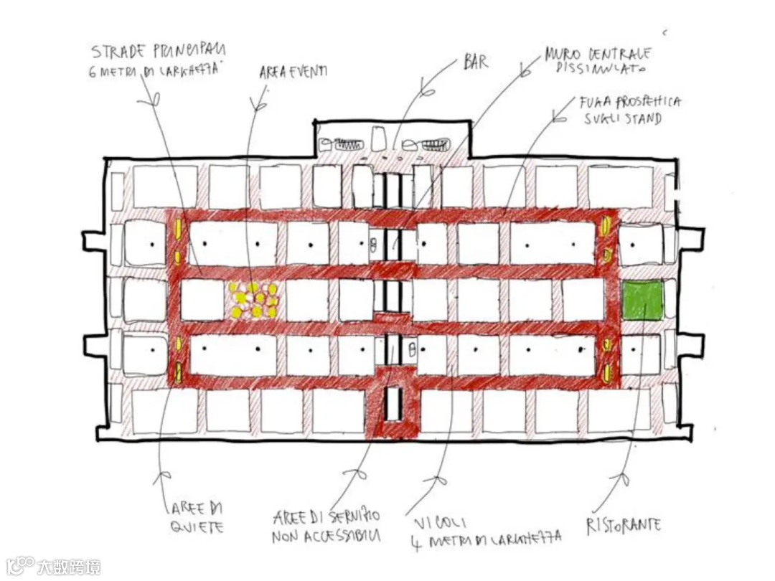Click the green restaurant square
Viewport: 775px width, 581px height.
[x=642, y=300]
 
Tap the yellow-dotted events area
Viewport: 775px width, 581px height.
[x=253, y=300]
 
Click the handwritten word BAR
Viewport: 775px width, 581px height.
[x=476, y=62]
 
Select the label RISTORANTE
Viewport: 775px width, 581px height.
[x=624, y=525]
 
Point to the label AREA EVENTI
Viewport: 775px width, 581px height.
[x=293, y=71]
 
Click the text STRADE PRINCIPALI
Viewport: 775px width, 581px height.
[x=158, y=51]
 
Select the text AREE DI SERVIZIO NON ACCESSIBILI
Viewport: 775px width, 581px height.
[x=327, y=526]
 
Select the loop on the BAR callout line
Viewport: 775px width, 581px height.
[x=428, y=92]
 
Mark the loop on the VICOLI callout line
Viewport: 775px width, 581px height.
[x=439, y=477]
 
